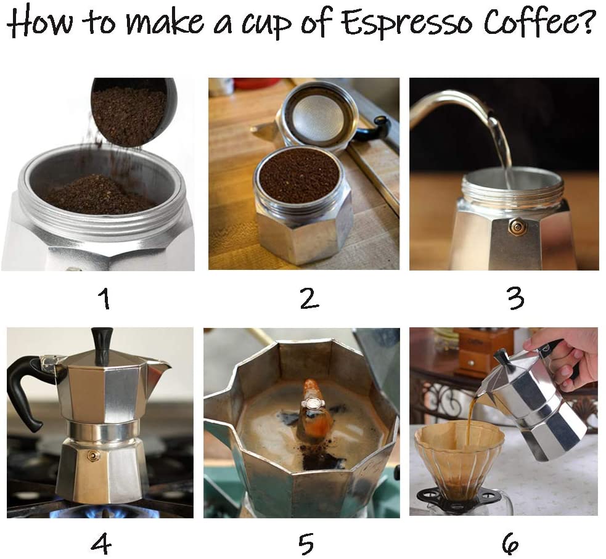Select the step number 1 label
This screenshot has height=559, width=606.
pyautogui.click(x=104, y=300)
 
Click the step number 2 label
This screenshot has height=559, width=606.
pyautogui.click(x=309, y=299)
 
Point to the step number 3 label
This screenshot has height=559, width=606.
pyautogui.click(x=515, y=299)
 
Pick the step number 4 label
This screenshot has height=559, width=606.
pyautogui.click(x=101, y=544)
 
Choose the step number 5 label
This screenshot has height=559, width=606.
pyautogui.click(x=306, y=544)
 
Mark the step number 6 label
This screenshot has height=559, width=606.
pyautogui.click(x=510, y=544)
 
